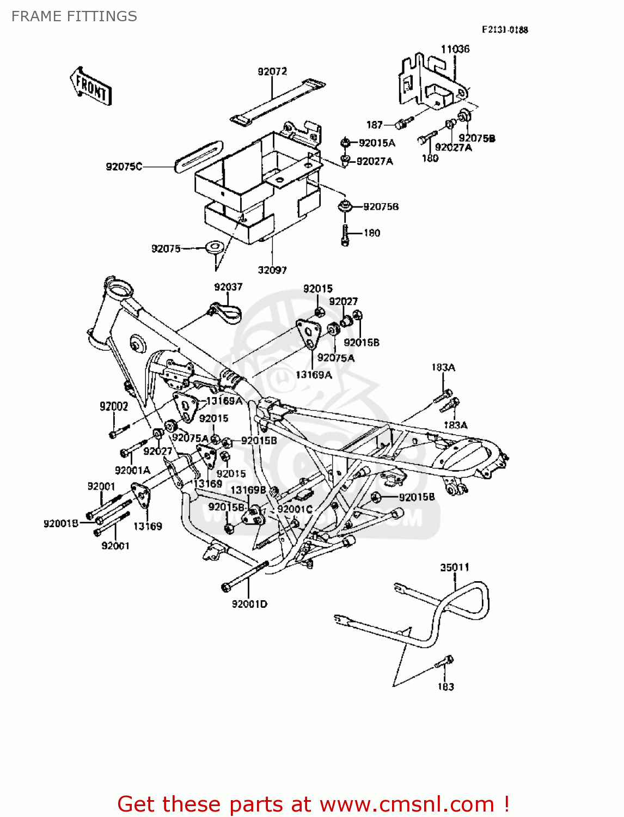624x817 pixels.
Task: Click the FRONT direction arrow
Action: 90,86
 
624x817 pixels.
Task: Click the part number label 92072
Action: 272,71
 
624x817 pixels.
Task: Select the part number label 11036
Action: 455,49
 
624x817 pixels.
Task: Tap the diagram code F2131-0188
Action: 504,30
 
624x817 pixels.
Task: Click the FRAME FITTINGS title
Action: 74,16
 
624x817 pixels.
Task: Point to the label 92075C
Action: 124,167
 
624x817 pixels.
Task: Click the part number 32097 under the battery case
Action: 272,270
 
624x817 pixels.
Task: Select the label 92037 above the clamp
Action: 228,287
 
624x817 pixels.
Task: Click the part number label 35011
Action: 454,567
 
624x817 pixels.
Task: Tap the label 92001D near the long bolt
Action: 249,604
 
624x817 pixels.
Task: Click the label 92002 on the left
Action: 114,406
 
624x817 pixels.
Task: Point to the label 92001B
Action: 61,523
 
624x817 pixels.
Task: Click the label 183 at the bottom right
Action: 445,687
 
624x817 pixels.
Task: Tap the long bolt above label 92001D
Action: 245,575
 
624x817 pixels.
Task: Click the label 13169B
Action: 248,490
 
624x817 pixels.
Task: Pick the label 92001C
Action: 295,509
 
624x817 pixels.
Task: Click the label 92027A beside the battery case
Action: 375,161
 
